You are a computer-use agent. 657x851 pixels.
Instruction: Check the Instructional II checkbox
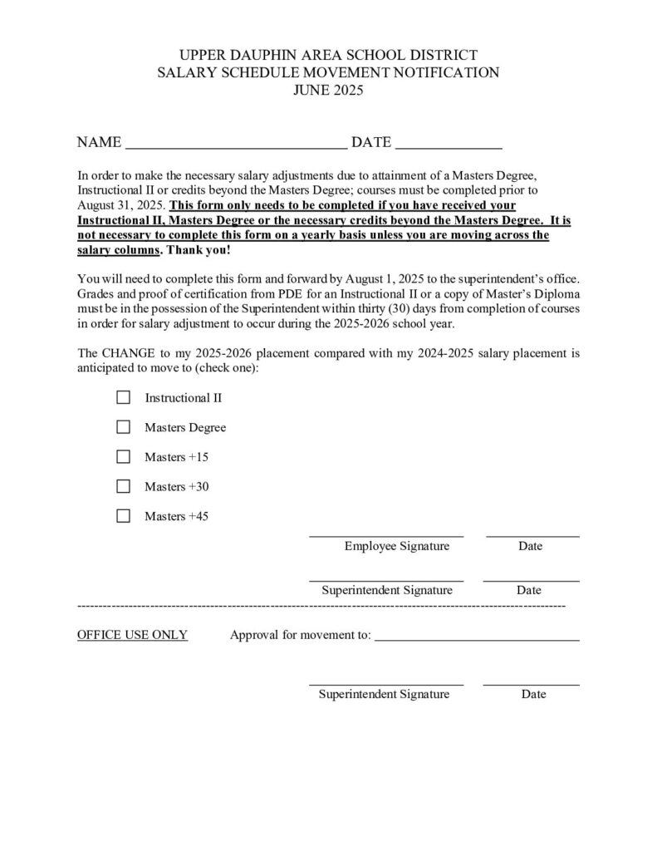124,398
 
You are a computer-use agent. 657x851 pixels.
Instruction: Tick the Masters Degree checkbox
124,428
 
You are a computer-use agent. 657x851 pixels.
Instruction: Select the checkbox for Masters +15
124,457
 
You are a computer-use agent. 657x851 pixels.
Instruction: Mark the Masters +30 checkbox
124,487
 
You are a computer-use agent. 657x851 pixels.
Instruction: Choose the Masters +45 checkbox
124,516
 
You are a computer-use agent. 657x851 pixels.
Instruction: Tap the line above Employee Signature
386,535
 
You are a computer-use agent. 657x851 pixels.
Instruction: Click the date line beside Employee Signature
532,535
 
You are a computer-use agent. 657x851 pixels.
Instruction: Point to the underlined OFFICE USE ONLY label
132,636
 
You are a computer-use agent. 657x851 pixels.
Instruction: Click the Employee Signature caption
397,546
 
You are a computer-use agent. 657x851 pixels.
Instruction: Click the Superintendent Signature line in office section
386,683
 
